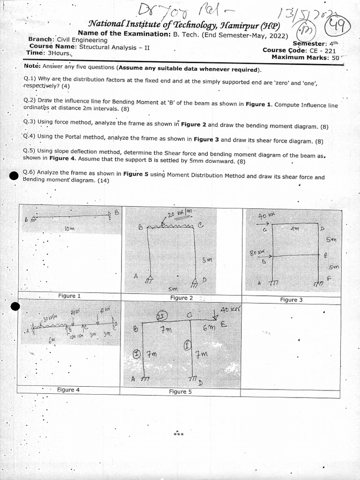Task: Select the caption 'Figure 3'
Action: tap(291, 300)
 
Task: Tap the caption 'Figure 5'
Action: tap(180, 391)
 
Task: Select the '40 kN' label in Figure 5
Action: tap(230, 310)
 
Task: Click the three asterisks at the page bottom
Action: tap(178, 434)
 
